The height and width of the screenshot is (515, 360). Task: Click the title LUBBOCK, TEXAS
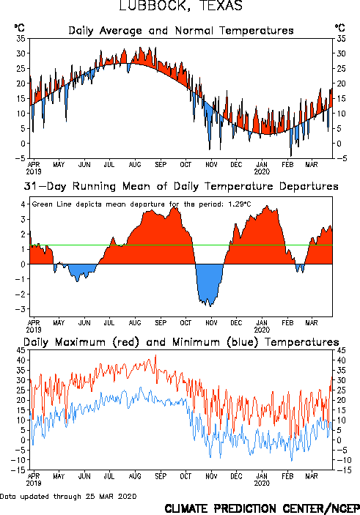tap(180, 5)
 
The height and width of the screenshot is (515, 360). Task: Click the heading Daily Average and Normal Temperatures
tap(181, 31)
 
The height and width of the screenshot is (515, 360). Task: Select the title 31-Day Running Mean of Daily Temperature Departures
tap(181, 186)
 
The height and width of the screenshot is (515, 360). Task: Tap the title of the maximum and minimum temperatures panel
tap(181, 342)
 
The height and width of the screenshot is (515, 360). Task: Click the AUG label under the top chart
tap(135, 164)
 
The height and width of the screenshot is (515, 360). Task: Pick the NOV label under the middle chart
tap(211, 322)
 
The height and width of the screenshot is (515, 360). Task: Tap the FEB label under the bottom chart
tap(287, 476)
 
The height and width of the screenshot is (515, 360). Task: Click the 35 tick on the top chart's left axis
tap(21, 38)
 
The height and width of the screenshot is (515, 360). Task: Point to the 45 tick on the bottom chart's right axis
tap(341, 350)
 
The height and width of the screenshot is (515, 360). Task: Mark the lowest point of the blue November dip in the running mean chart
tap(210, 306)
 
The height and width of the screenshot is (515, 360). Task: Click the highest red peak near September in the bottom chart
tap(155, 355)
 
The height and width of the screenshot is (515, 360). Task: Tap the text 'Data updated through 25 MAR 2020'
tap(68, 496)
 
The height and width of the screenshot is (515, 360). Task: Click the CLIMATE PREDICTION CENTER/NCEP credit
tap(262, 508)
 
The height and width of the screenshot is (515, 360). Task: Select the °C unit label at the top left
tap(19, 27)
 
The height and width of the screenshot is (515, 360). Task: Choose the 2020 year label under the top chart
tap(262, 171)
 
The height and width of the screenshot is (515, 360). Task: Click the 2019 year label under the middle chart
tap(34, 330)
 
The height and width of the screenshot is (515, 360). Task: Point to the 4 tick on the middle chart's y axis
tap(23, 204)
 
